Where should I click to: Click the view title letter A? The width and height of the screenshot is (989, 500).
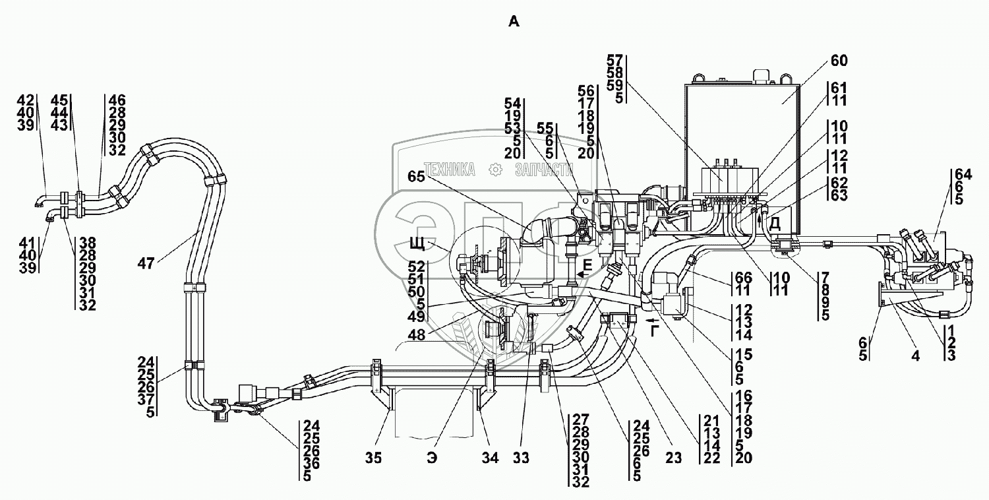click(514, 21)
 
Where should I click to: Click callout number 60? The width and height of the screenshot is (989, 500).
click(839, 61)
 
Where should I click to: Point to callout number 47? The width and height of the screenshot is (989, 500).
click(146, 264)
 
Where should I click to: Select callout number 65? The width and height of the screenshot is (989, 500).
click(416, 177)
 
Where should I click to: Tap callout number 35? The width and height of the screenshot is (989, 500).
click(373, 458)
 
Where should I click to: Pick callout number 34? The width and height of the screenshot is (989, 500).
click(490, 458)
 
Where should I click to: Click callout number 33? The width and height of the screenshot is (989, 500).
click(521, 458)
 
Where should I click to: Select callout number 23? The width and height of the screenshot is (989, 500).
click(674, 458)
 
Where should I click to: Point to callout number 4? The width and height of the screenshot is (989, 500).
click(916, 356)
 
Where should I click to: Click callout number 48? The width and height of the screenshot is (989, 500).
click(416, 335)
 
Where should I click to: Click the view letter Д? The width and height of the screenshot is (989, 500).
click(775, 224)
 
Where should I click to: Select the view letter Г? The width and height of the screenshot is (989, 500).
click(655, 330)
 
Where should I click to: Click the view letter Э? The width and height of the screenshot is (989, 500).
click(432, 458)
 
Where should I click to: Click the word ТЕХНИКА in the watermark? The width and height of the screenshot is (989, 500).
click(449, 170)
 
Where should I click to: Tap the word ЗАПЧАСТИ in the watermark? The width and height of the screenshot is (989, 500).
click(544, 170)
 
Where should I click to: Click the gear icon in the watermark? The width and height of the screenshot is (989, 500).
click(495, 170)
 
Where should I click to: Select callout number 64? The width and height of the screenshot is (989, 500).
click(963, 174)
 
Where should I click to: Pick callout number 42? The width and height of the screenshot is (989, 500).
click(26, 100)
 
